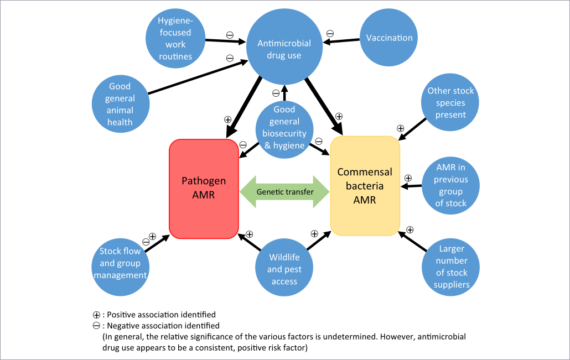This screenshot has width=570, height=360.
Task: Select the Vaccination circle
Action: [389, 38]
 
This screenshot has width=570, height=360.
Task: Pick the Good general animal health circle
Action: [120, 104]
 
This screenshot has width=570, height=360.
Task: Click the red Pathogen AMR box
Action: [204, 189]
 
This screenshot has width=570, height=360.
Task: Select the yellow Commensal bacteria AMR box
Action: [365, 186]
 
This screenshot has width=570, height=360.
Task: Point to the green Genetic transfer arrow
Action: [284, 192]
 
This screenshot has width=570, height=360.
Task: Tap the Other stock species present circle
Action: [450, 103]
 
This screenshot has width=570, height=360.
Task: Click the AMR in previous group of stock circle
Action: [450, 185]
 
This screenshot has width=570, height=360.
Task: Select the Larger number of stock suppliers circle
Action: [450, 267]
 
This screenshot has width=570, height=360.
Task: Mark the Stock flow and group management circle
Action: [120, 264]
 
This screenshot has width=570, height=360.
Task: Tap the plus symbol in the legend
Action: [97, 315]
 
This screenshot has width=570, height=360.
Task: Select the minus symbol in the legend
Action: [97, 326]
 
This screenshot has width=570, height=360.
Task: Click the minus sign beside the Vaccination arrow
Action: [330, 33]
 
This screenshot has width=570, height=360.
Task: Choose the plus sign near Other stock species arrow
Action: [400, 128]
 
